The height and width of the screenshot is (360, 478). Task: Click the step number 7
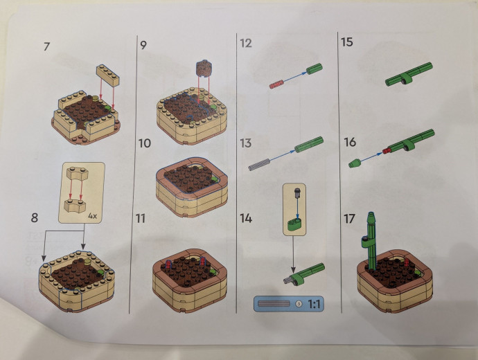(46, 47)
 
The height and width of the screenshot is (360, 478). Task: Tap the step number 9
(143, 45)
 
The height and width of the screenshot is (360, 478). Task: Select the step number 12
(246, 43)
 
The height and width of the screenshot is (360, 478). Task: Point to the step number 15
(347, 42)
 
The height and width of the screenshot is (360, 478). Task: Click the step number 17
(349, 219)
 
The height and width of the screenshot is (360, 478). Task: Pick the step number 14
(246, 218)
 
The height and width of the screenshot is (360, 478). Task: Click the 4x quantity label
(92, 216)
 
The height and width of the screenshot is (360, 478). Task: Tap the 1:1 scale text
(314, 304)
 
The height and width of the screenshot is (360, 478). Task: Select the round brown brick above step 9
(204, 69)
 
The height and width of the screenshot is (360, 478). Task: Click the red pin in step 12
(276, 84)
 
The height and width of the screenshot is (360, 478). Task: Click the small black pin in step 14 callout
(297, 193)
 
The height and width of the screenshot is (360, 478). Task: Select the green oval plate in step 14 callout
(294, 224)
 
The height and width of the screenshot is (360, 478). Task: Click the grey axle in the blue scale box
(274, 304)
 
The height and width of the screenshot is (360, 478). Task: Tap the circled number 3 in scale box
(299, 303)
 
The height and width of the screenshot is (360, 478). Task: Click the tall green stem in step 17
(372, 241)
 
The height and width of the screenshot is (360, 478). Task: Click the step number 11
(141, 218)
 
